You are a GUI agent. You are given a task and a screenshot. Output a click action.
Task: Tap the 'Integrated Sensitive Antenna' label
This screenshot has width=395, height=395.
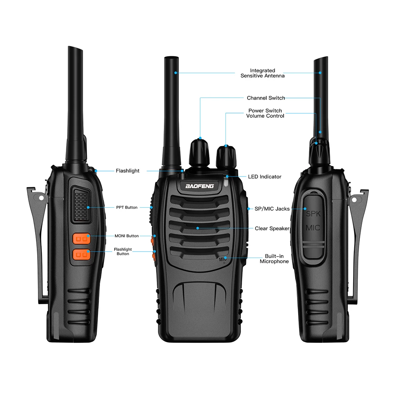click(262, 73)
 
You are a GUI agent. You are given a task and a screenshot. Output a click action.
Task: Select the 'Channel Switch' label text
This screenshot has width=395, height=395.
click(265, 98)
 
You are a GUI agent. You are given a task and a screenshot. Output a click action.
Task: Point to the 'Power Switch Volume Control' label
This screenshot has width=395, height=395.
click(265, 113)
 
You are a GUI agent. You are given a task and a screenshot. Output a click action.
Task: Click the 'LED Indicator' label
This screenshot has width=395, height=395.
click(265, 177)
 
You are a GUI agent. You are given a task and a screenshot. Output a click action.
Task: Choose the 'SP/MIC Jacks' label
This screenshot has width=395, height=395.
click(271, 209)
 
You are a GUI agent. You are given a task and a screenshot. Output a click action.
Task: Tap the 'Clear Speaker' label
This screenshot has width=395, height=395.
click(272, 228)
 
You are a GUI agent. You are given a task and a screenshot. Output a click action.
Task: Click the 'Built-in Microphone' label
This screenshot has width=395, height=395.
click(274, 259)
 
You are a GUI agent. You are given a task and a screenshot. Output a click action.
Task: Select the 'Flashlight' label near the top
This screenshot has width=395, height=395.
click(127, 171)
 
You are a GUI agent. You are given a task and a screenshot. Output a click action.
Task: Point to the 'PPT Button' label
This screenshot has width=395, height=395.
click(127, 207)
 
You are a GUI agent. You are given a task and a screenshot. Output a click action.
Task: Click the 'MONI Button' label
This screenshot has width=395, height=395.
click(126, 236)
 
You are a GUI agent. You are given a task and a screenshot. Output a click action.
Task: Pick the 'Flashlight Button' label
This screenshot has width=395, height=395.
click(123, 252)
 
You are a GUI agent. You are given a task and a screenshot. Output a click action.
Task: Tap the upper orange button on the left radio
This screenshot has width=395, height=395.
click(81, 239)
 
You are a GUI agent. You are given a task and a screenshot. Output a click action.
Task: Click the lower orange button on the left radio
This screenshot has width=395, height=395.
click(81, 254)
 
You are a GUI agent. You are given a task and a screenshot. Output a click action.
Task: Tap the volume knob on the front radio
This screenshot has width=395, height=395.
click(226, 156)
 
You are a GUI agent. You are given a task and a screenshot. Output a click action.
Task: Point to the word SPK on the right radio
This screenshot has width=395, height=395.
click(313, 214)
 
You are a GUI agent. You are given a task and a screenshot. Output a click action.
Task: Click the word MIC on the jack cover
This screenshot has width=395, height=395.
click(313, 228)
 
